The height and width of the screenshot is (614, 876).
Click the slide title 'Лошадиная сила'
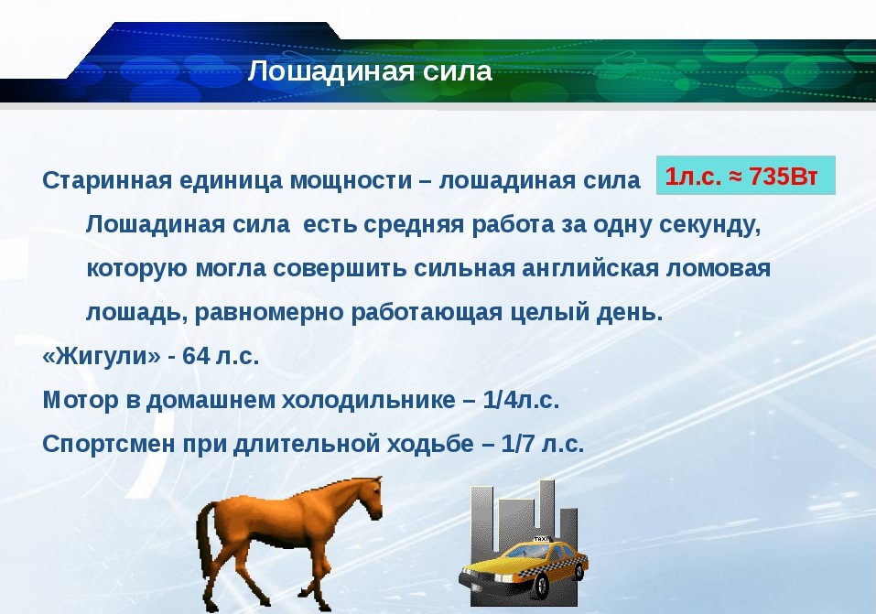pyautogui.click(x=370, y=71)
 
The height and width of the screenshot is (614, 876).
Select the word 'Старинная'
pyautogui.click(x=107, y=181)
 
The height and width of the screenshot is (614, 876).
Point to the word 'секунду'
pyautogui.click(x=710, y=225)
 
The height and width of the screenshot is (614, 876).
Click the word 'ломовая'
pyautogui.click(x=718, y=269)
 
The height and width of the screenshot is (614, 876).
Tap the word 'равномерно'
pyautogui.click(x=269, y=313)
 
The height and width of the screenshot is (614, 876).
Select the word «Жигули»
pyautogui.click(x=101, y=356)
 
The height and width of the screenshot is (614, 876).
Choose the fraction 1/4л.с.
pyautogui.click(x=521, y=400)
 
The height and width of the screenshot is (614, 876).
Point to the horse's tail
pyautogui.click(x=203, y=536)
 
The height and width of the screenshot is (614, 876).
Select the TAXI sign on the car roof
pyautogui.click(x=541, y=539)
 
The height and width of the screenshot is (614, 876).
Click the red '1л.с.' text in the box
pyautogui.click(x=693, y=176)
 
